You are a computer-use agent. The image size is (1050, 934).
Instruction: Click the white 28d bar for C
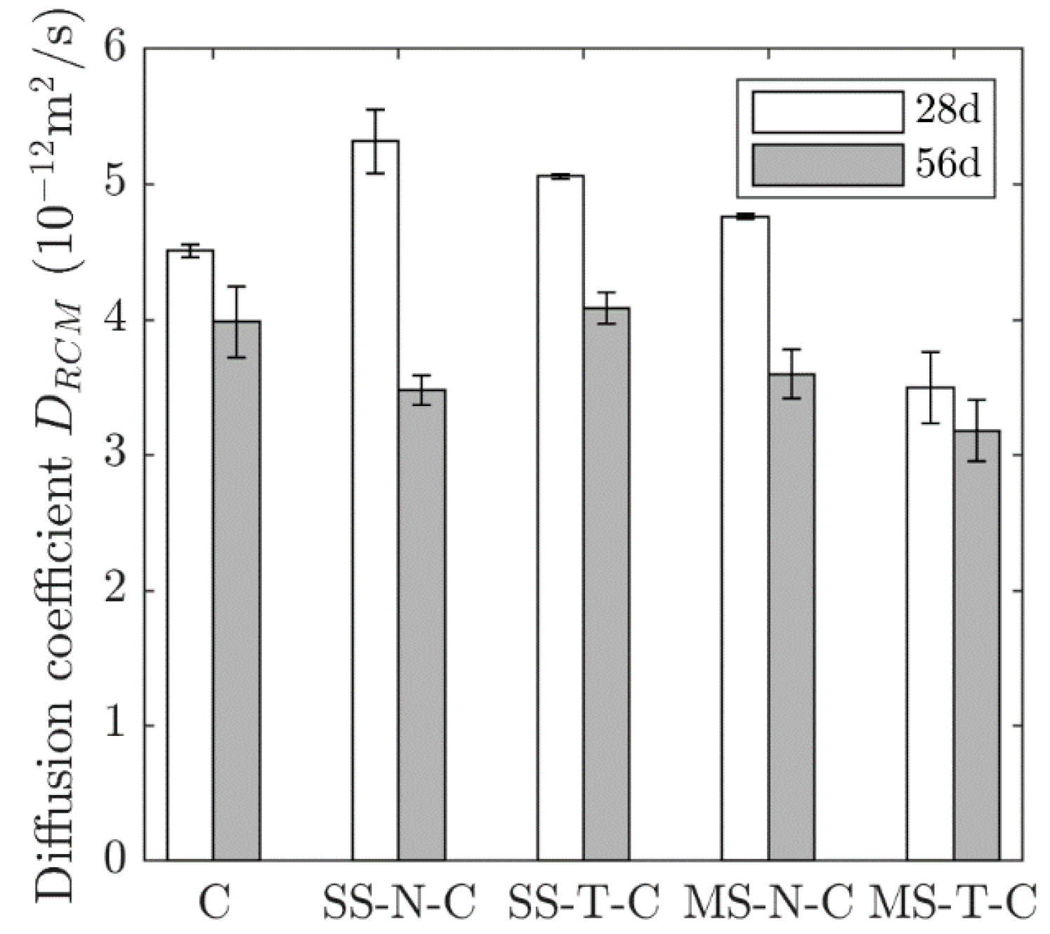190,555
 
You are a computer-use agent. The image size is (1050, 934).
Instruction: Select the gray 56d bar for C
237,590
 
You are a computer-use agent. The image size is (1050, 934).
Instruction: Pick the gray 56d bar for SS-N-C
422,624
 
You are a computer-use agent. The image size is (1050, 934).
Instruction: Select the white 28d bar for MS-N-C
745,538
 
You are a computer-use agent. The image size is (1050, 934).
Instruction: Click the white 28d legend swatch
827,112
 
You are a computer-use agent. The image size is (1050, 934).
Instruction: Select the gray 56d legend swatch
827,165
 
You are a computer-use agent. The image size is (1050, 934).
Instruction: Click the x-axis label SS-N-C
399,902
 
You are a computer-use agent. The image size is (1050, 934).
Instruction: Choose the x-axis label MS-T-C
953,902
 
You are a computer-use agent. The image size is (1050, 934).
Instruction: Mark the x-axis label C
214,902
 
